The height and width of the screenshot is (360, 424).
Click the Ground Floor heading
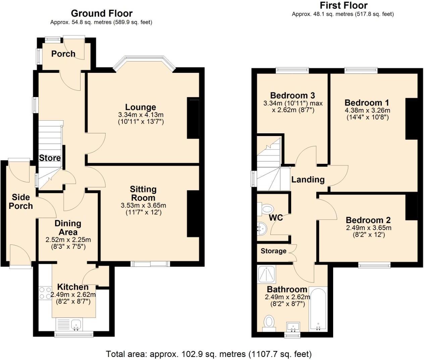pos(102,13)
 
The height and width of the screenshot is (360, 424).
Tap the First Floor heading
pos(343,5)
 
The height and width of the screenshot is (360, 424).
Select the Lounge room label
pos(141,107)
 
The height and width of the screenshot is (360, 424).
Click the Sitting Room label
pos(143,193)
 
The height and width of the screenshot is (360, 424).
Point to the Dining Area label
pos(68,227)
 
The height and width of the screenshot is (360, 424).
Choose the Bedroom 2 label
pos(368,220)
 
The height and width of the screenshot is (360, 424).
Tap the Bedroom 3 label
pos(293,95)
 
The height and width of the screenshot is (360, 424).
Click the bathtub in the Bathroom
pos(318,309)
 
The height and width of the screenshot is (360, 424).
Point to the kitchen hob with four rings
pos(45,293)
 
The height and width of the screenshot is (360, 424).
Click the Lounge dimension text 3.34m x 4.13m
pos(141,115)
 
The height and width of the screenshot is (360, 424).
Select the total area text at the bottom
pos(209,354)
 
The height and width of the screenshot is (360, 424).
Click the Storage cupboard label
pos(273,251)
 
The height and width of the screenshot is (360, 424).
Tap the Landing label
pos(308,179)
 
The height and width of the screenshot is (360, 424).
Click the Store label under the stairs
pos(50,158)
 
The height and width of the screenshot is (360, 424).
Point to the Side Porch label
pos(21,201)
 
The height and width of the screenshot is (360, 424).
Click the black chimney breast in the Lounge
pos(193,118)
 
